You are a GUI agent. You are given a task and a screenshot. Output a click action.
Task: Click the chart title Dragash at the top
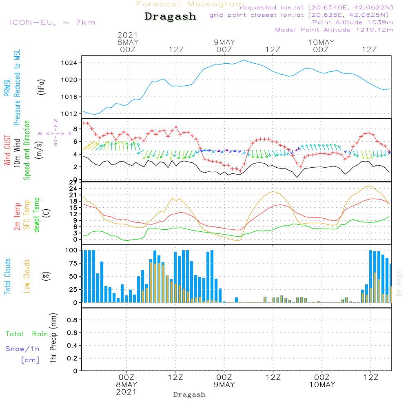click(x=170, y=17)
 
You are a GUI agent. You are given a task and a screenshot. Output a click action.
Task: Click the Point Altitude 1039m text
click(x=353, y=22)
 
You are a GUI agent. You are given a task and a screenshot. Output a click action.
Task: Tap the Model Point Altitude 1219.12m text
click(x=334, y=30)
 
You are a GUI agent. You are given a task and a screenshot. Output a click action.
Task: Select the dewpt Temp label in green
click(x=37, y=215)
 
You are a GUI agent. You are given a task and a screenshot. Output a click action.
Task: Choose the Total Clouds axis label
click(x=7, y=276)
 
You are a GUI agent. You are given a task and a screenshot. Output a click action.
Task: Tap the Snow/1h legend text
click(x=22, y=349)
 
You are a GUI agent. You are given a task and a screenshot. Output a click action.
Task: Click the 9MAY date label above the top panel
click(x=224, y=42)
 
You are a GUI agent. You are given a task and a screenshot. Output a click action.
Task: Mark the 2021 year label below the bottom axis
click(x=126, y=392)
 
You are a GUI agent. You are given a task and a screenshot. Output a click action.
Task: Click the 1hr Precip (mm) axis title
click(x=53, y=338)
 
